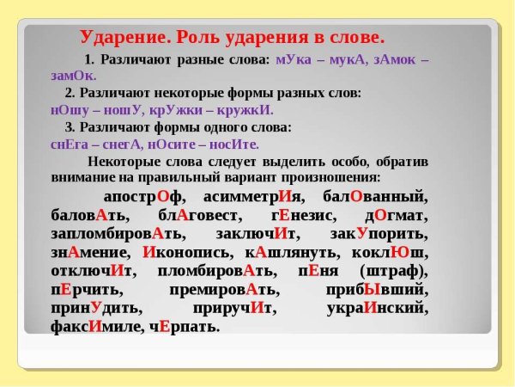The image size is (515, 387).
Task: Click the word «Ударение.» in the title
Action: tap(124, 38)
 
